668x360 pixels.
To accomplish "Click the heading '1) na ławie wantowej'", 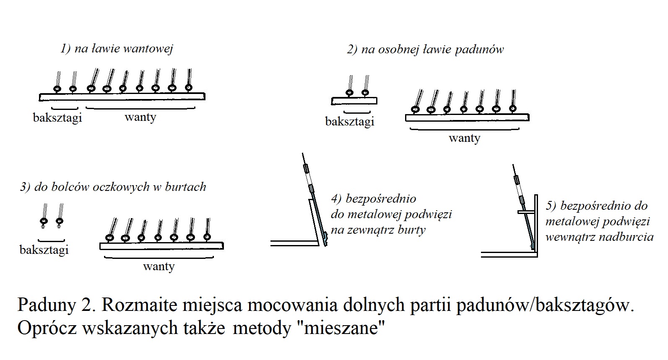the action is point(117,49).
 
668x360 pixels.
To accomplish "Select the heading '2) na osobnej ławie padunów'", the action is point(425,50).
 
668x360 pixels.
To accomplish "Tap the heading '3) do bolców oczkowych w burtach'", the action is point(113,187).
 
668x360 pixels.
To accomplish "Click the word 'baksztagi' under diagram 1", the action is point(57,117).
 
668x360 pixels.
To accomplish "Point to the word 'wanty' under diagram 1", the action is point(140,117).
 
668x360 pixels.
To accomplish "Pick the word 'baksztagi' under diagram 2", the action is point(349,122).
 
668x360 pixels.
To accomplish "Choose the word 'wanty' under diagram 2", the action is point(464,138).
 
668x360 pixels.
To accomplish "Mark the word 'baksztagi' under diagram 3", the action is point(44,250).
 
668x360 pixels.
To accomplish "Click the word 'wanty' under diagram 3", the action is point(159,266).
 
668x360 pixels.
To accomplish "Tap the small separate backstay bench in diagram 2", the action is point(354,101).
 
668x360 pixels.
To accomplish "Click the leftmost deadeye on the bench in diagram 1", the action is point(57,89).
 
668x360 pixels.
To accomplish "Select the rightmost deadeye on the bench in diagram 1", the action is point(188,87).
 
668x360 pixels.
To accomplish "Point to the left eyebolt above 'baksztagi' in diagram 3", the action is point(44,222).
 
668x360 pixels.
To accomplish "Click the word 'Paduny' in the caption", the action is point(47,305).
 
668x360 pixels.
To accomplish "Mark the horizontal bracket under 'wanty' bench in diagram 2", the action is point(465,129).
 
